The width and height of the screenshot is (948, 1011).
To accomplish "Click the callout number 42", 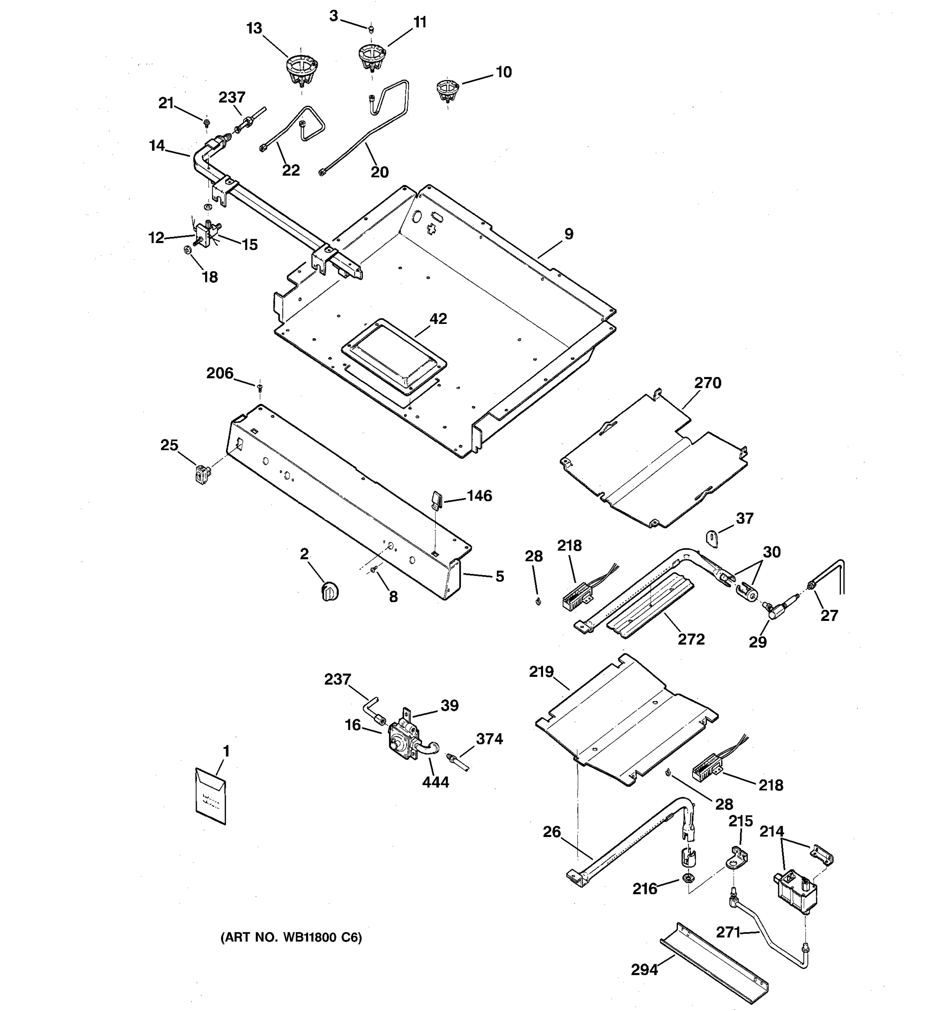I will pyautogui.click(x=438, y=319).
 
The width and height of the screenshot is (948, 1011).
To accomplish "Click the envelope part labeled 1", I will pyautogui.click(x=211, y=795).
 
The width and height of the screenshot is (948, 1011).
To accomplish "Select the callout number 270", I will pyautogui.click(x=707, y=382).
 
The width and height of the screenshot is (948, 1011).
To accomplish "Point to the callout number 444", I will pyautogui.click(x=435, y=782).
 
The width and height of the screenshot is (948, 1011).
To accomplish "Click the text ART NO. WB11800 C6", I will pyautogui.click(x=291, y=937).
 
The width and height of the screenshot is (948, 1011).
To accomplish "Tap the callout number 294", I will pyautogui.click(x=644, y=970).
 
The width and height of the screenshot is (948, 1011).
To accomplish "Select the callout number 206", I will pyautogui.click(x=220, y=373).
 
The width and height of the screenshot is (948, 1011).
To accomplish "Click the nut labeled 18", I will pyautogui.click(x=187, y=249).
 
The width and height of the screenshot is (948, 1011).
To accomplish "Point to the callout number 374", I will pyautogui.click(x=489, y=738).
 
